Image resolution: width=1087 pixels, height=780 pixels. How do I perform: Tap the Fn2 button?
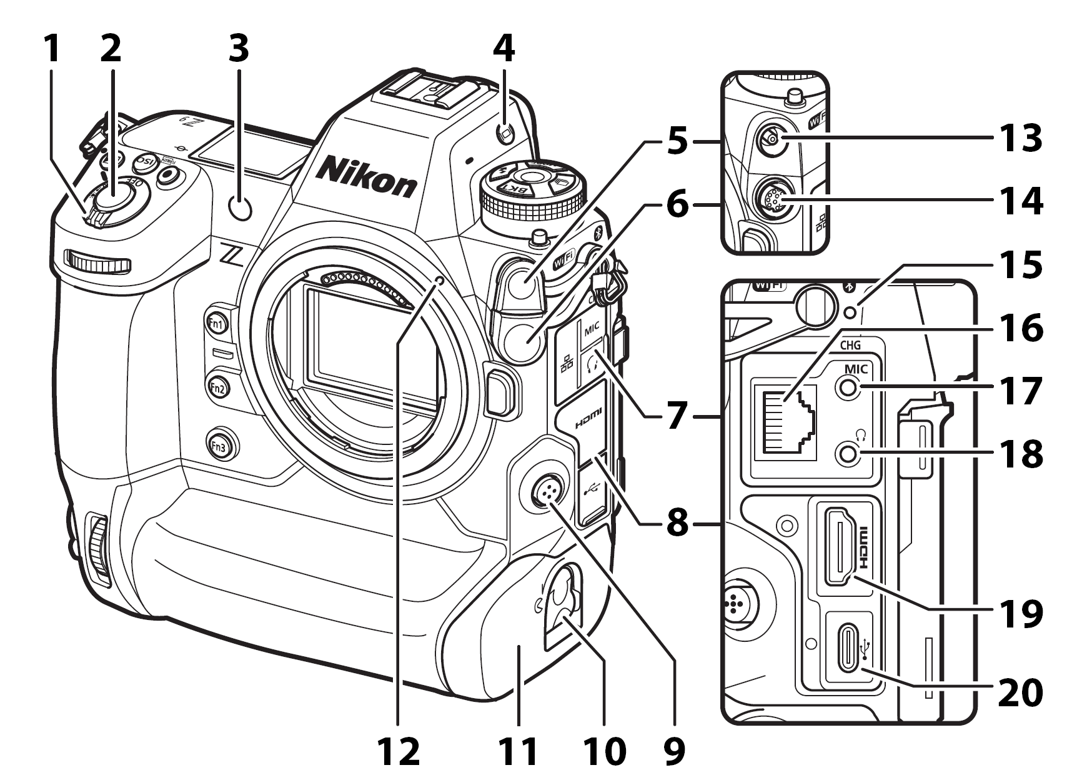pyautogui.click(x=218, y=387)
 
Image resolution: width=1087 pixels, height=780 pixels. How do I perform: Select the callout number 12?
pyautogui.click(x=398, y=751)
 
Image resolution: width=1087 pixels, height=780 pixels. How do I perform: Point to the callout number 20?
pyautogui.click(x=1020, y=692)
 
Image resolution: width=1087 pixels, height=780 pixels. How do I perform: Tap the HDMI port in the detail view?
pyautogui.click(x=841, y=546)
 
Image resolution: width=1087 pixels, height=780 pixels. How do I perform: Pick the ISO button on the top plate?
pyautogui.click(x=145, y=164)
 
